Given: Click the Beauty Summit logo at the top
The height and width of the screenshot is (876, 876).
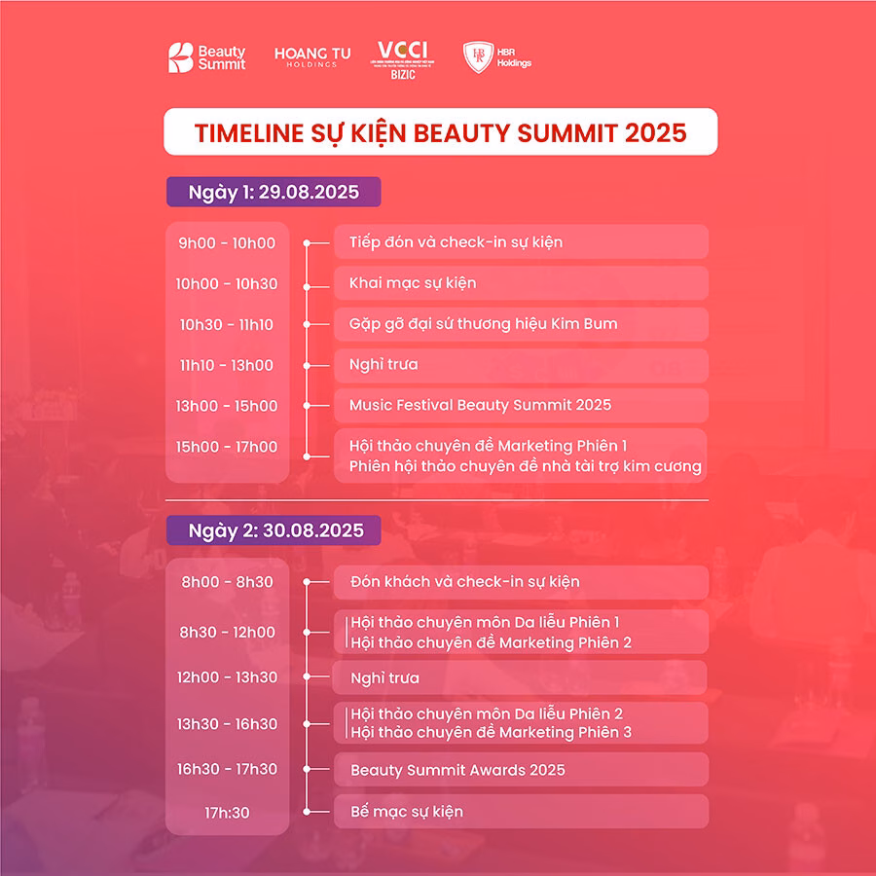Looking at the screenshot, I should pyautogui.click(x=206, y=57).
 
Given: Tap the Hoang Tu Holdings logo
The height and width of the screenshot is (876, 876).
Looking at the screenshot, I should pyautogui.click(x=311, y=57).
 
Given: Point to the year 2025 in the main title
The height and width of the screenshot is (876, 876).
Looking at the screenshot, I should pyautogui.click(x=655, y=132).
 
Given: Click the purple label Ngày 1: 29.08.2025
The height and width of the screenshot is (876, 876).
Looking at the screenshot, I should pyautogui.click(x=273, y=192).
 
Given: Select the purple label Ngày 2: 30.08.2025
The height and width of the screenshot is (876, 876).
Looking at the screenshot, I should pyautogui.click(x=273, y=530).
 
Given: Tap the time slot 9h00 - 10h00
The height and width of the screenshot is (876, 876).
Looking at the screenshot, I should pyautogui.click(x=227, y=243).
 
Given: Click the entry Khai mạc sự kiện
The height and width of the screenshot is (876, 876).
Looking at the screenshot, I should pyautogui.click(x=413, y=283).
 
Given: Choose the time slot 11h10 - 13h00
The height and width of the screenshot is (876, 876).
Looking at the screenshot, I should pyautogui.click(x=227, y=365).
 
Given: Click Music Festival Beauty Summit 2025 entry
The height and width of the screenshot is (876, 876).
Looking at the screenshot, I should pyautogui.click(x=480, y=405).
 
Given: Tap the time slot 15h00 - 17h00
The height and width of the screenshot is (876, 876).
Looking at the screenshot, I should pyautogui.click(x=227, y=447).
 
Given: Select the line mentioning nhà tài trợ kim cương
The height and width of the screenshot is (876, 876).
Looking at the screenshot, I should pyautogui.click(x=525, y=467).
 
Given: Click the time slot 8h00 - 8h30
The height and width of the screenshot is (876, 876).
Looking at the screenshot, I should pyautogui.click(x=227, y=582).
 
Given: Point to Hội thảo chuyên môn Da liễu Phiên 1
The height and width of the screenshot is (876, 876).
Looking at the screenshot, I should pyautogui.click(x=484, y=622).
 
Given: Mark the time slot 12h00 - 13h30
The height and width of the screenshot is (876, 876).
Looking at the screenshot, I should pyautogui.click(x=227, y=677).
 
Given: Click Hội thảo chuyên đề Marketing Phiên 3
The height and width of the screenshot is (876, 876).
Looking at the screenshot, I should pyautogui.click(x=490, y=732).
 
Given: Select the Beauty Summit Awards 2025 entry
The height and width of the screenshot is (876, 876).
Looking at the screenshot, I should pyautogui.click(x=457, y=770).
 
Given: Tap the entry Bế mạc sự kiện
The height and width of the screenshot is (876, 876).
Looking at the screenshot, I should pyautogui.click(x=407, y=812).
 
